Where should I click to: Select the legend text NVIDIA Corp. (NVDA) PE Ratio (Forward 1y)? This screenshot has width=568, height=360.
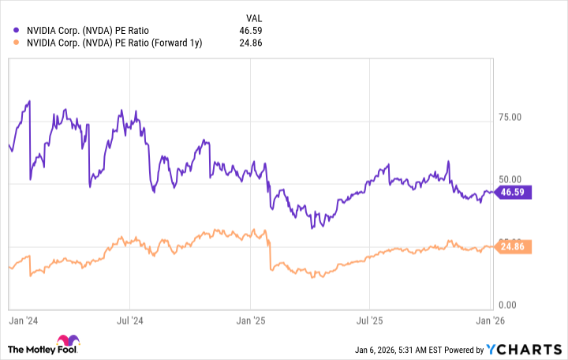pyautogui.click(x=114, y=43)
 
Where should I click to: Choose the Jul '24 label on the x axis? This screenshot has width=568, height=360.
pyautogui.click(x=129, y=322)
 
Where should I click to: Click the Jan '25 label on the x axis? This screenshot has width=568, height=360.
pyautogui.click(x=251, y=322)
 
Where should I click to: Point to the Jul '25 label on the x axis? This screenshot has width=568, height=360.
pyautogui.click(x=370, y=322)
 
